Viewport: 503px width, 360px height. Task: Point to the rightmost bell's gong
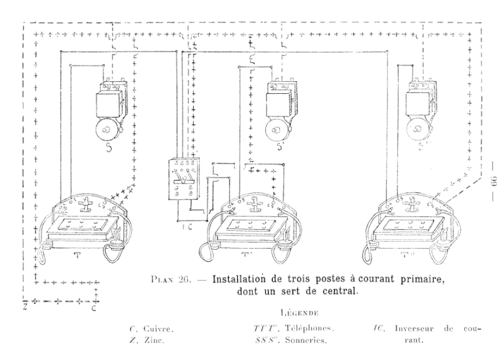click(416, 130)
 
